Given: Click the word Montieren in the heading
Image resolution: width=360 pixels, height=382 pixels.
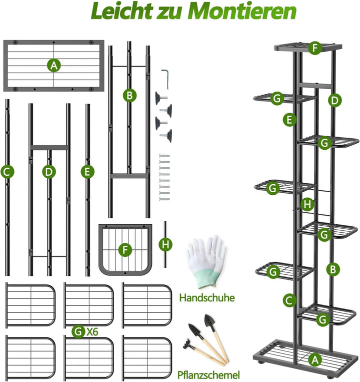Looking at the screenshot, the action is tap(242, 11).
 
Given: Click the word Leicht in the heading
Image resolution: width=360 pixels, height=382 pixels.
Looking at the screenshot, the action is tap(123, 11).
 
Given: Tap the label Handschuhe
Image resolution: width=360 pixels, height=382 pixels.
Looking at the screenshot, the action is tap(207, 298).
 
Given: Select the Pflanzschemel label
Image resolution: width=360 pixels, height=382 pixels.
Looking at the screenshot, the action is tap(208, 375).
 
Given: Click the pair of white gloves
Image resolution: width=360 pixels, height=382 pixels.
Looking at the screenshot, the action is tap(206, 262).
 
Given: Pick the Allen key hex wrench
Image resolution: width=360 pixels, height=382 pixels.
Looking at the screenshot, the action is tap(165, 79).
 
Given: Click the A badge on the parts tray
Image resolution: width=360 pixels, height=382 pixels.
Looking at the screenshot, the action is tap(54, 65).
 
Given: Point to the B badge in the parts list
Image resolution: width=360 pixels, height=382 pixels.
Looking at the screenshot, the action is tap(129, 95).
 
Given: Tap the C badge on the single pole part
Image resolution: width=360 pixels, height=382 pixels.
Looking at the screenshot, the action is tap(7, 172).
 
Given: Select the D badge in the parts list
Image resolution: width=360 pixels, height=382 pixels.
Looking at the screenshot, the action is tap(49, 172).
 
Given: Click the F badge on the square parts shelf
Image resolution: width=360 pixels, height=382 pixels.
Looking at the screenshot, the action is tap(125, 250).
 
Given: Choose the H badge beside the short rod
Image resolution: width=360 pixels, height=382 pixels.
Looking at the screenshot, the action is tap(165, 244).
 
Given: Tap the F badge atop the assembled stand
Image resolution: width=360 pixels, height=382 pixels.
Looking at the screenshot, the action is tap(315, 48).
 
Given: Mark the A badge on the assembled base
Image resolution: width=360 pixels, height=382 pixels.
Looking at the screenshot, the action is tap(315, 359).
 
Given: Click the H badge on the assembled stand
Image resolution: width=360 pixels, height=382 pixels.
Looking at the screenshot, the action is tap(307, 204).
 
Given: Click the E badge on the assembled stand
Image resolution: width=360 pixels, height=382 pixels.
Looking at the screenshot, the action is tap(289, 120).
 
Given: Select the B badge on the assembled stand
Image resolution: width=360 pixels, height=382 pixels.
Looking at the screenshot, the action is tap(333, 269).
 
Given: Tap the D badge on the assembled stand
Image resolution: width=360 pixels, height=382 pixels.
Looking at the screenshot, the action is tap(334, 100).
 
